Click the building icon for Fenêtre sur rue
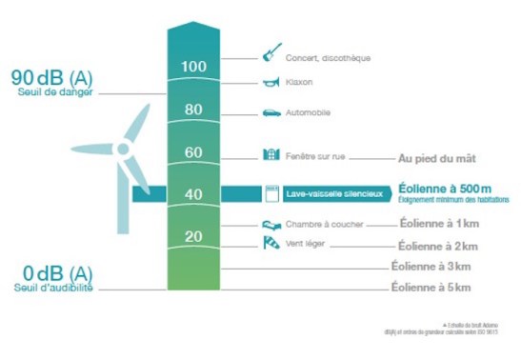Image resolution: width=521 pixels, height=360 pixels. coord(271,154)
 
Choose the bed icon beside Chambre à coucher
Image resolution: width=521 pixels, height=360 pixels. coord(271,225)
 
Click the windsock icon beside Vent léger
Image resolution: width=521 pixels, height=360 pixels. coord(271,244)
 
